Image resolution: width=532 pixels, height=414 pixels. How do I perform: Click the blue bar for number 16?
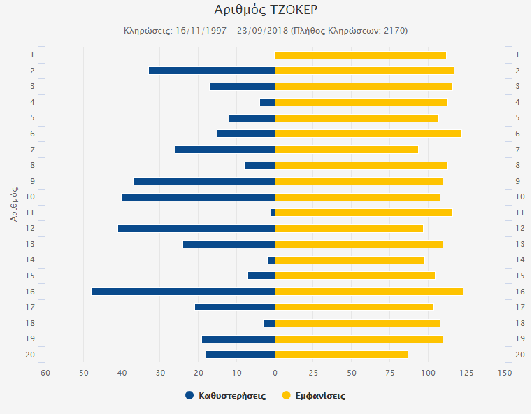[183, 292]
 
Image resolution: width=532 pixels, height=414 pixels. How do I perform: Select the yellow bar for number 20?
[341, 355]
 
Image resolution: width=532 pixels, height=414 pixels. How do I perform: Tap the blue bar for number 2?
[212, 71]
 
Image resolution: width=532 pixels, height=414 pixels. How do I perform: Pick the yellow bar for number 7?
[347, 150]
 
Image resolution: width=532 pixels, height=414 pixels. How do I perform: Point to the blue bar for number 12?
[196, 229]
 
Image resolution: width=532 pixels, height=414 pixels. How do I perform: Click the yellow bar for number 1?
[361, 55]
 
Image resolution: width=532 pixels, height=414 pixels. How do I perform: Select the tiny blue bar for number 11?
[273, 213]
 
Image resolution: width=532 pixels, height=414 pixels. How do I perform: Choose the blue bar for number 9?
[204, 181]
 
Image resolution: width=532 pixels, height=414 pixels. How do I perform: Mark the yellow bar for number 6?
[368, 134]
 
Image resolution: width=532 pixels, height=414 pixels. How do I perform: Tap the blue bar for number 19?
[238, 339]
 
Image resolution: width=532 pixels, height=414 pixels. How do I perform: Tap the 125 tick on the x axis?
[466, 373]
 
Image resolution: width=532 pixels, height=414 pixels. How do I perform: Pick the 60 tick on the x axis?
[45, 373]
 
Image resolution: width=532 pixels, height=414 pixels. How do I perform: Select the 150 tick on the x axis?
[505, 373]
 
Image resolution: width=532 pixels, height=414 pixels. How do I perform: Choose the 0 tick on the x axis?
[275, 373]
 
